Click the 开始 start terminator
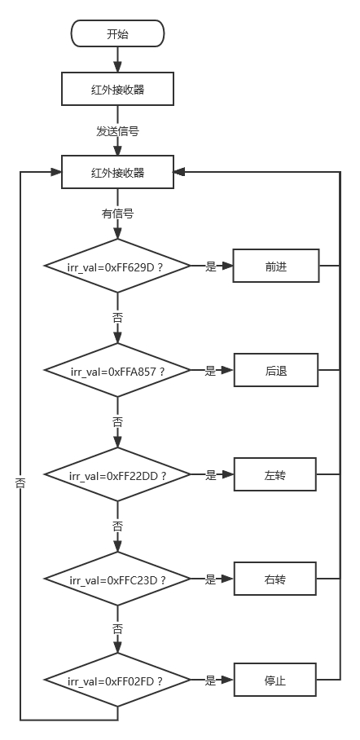(117, 33)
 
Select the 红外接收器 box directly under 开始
(117, 89)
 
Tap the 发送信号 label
(117, 131)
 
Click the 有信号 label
(117, 214)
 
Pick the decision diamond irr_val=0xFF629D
(117, 266)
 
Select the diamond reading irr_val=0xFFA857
(117, 371)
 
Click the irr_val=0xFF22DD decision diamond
(117, 474)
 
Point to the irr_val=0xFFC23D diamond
(117, 579)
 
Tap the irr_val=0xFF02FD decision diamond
(117, 680)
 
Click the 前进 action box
(276, 266)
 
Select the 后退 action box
(276, 371)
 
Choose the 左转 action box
(275, 474)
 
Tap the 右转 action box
(275, 579)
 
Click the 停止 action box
(275, 680)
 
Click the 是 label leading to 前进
(210, 266)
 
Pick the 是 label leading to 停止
(210, 681)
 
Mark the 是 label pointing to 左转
(210, 475)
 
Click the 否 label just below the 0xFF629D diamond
(117, 318)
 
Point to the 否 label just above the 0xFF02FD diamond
(117, 629)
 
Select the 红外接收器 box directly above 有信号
(117, 172)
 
